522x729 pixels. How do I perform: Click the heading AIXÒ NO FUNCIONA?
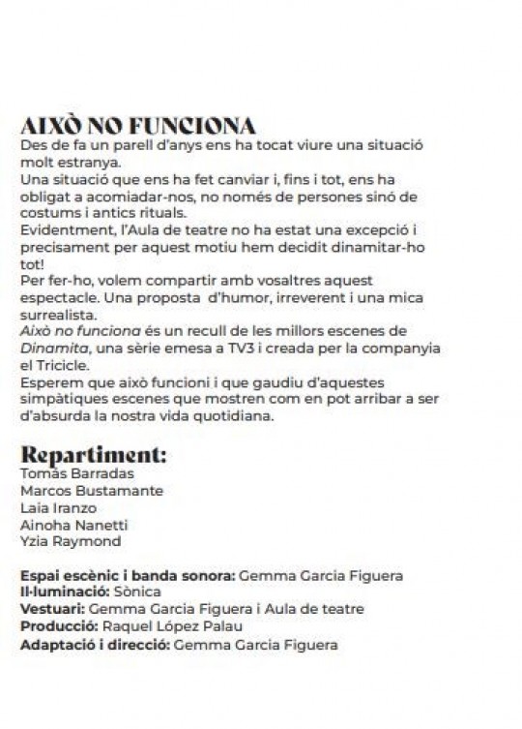pyautogui.click(x=137, y=128)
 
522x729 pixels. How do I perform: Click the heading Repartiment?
pyautogui.click(x=93, y=454)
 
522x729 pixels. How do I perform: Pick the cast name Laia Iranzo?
pyautogui.click(x=58, y=507)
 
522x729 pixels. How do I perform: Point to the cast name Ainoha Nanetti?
pyautogui.click(x=69, y=524)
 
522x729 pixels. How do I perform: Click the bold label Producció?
pyautogui.click(x=56, y=625)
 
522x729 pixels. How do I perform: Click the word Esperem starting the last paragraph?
pyautogui.click(x=48, y=380)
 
